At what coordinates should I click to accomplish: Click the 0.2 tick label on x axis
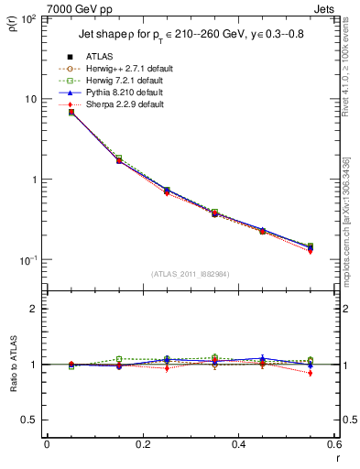142,446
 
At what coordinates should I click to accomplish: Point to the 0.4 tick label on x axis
238,446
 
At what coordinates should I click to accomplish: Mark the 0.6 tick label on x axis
333,446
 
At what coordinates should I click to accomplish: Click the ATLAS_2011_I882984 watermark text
191,273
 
